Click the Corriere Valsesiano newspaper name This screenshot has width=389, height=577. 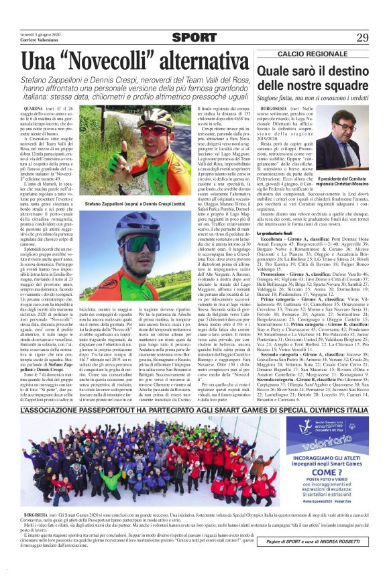tap(40, 41)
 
